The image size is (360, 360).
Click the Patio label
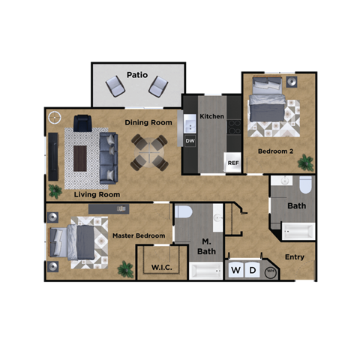(136, 74)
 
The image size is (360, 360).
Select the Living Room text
(97, 194)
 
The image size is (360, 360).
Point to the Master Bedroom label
(139, 235)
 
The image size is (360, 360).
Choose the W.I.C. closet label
(163, 266)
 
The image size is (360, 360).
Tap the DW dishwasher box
(190, 140)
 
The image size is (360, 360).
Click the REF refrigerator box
(233, 163)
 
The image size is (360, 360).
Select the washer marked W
(236, 270)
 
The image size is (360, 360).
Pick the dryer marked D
(253, 270)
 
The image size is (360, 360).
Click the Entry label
(295, 257)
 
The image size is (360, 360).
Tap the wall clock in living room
(54, 117)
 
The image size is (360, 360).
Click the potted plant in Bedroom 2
(305, 162)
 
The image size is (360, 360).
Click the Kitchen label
(212, 116)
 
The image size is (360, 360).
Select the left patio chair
(115, 87)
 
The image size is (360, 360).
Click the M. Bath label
(206, 246)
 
